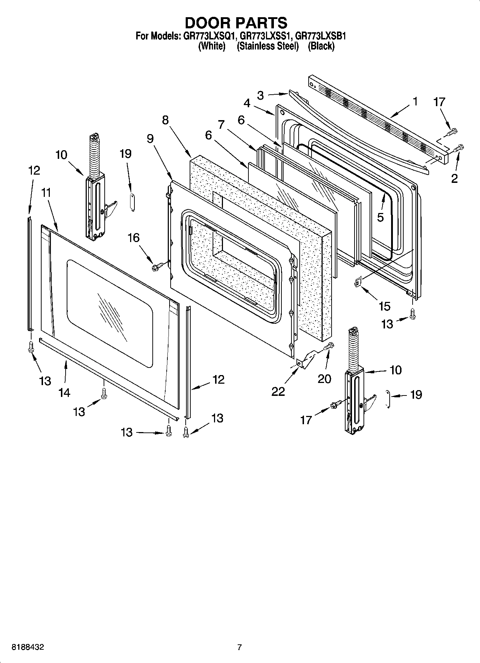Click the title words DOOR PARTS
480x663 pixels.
coord(236,23)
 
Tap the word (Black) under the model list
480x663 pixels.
coord(321,46)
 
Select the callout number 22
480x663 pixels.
coord(278,391)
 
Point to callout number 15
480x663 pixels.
coord(384,306)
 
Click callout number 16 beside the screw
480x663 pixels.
coord(134,237)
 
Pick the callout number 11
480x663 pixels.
coord(46,193)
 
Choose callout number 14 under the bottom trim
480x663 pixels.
coord(64,393)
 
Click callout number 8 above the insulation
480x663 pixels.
coord(165,120)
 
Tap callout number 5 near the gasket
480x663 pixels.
coord(380,217)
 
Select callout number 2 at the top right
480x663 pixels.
coord(454,178)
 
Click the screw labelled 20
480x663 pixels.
coord(329,346)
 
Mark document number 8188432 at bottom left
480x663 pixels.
coord(28,647)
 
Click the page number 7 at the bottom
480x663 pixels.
coord(239,647)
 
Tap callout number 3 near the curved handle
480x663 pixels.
coord(260,95)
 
